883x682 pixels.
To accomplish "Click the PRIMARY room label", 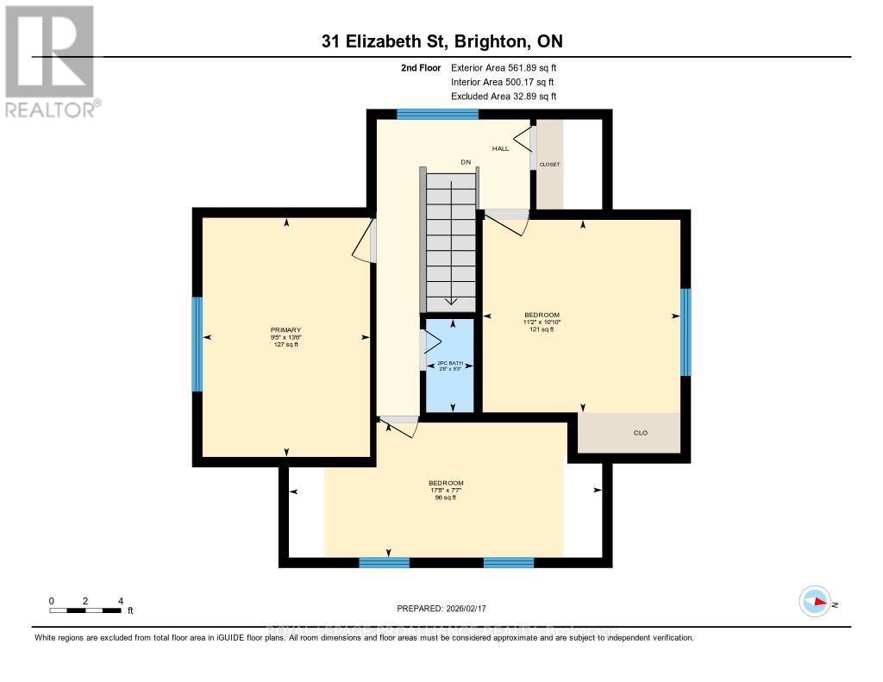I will pyautogui.click(x=285, y=329).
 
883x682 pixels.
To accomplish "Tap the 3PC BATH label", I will pyautogui.click(x=450, y=364).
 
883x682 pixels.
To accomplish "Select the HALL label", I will pyautogui.click(x=500, y=148).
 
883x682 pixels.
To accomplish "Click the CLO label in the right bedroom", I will pyautogui.click(x=641, y=433).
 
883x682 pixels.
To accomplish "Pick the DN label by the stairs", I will pyautogui.click(x=466, y=162).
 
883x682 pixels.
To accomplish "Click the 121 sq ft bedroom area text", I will pyautogui.click(x=542, y=329).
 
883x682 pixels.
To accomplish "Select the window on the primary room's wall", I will pyautogui.click(x=197, y=344).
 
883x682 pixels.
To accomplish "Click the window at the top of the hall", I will pyautogui.click(x=437, y=114).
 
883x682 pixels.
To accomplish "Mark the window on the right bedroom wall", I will pyautogui.click(x=686, y=332).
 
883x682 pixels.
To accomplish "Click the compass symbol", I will pyautogui.click(x=815, y=602).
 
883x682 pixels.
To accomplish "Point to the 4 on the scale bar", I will pyautogui.click(x=121, y=600).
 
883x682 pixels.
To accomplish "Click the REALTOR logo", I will pyautogui.click(x=52, y=60).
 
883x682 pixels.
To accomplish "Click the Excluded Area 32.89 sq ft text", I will pyautogui.click(x=504, y=97).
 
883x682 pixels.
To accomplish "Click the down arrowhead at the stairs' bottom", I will pyautogui.click(x=450, y=302).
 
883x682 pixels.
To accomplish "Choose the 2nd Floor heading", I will pyautogui.click(x=423, y=67).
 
